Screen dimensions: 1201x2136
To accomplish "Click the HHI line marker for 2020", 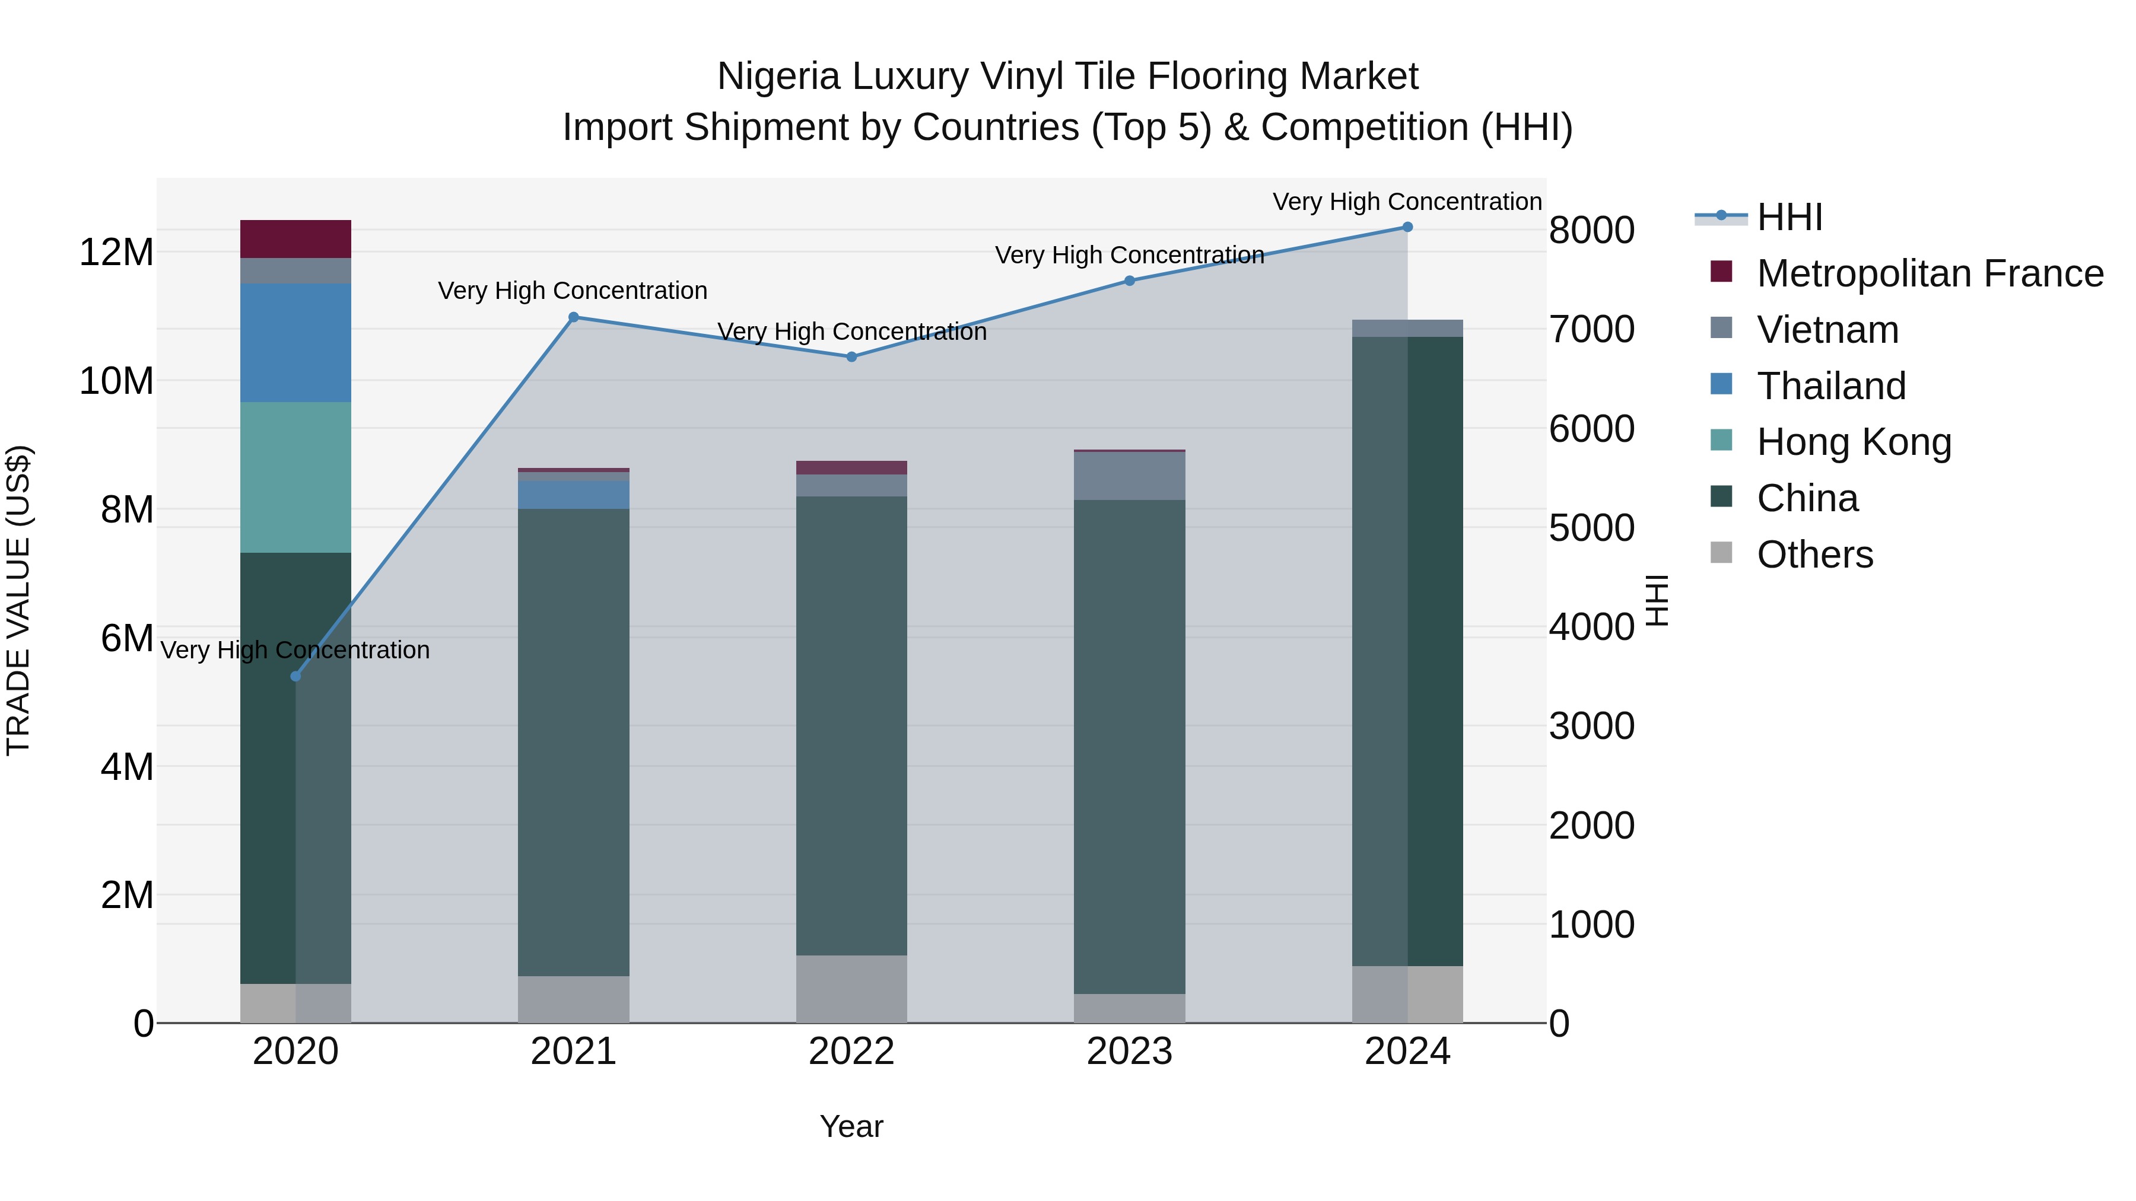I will pyautogui.click(x=295, y=676).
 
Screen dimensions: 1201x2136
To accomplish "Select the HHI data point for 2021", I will pyautogui.click(x=573, y=317).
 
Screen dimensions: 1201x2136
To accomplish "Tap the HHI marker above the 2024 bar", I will pyautogui.click(x=1407, y=227).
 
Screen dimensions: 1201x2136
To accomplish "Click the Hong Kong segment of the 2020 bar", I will pyautogui.click(x=295, y=477).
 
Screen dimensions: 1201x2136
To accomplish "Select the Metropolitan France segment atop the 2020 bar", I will pyautogui.click(x=295, y=238).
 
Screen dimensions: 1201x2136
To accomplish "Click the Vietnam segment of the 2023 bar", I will pyautogui.click(x=1129, y=476).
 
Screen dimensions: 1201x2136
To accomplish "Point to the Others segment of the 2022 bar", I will pyautogui.click(x=851, y=989).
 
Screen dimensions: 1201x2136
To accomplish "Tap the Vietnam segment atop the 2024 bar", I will pyautogui.click(x=1407, y=328).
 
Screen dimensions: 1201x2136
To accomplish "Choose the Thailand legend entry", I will pyautogui.click(x=1831, y=386).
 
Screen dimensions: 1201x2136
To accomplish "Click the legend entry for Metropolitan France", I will pyautogui.click(x=1929, y=273).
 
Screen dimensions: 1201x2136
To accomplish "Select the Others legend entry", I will pyautogui.click(x=1814, y=555).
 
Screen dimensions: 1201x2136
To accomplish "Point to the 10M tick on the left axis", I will pyautogui.click(x=116, y=381).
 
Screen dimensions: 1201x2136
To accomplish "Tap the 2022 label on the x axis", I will pyautogui.click(x=851, y=1052).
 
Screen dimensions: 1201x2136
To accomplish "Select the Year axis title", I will pyautogui.click(x=851, y=1126).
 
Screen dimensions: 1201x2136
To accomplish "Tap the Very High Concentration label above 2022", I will pyautogui.click(x=851, y=332).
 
